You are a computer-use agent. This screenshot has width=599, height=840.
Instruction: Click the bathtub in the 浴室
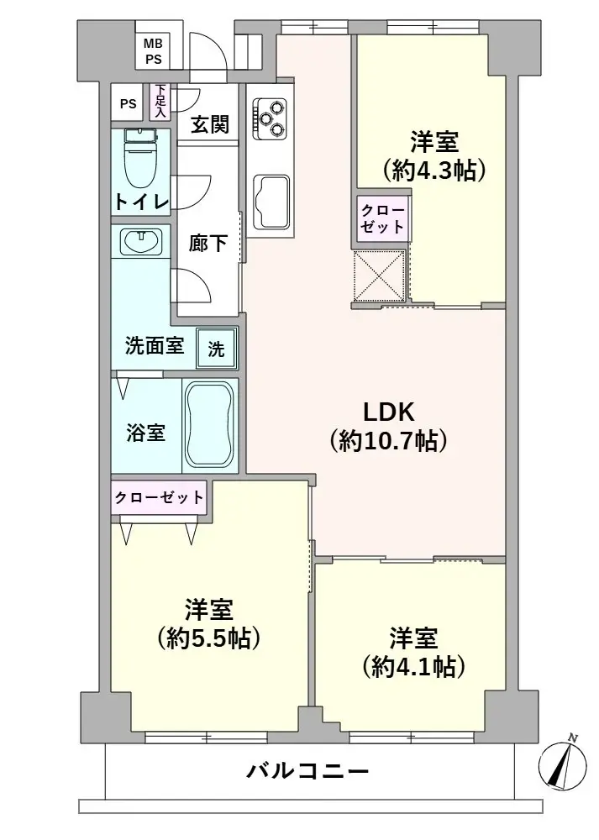(x=210, y=425)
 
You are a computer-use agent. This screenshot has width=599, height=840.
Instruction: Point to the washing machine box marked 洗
(x=216, y=349)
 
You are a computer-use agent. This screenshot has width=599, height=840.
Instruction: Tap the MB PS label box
(x=153, y=51)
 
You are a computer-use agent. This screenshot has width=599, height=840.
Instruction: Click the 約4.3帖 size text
(x=433, y=171)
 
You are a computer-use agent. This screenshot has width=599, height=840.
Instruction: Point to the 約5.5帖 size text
(x=208, y=638)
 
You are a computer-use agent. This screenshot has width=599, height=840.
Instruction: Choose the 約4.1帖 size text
(x=412, y=667)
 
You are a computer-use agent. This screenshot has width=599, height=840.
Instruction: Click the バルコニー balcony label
(x=307, y=771)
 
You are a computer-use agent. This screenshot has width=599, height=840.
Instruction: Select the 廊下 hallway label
(x=208, y=244)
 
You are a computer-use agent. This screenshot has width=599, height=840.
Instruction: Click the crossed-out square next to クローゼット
(x=380, y=276)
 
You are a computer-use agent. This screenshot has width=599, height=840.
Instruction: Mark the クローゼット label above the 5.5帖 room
(x=159, y=497)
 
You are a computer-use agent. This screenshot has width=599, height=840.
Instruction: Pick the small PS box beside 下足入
(x=128, y=103)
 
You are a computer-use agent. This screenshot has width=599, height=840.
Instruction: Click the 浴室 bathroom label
(x=145, y=433)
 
